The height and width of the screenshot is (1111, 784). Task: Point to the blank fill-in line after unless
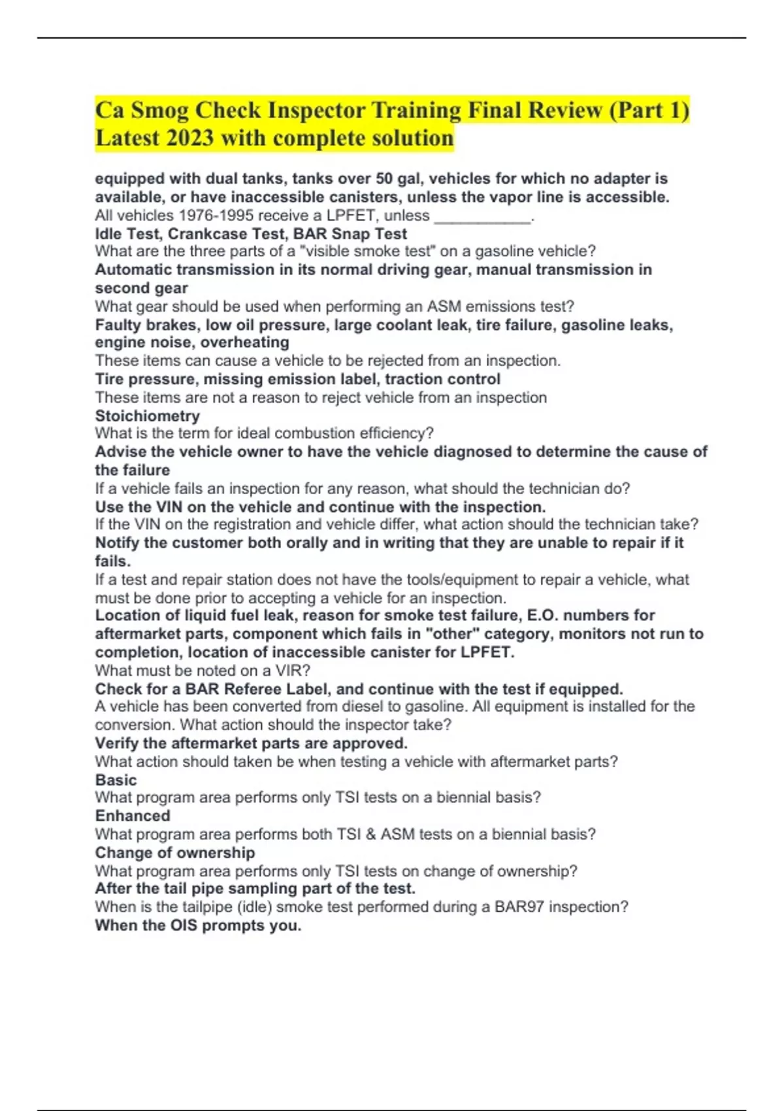click(482, 216)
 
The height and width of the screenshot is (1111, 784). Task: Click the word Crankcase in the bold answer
click(206, 234)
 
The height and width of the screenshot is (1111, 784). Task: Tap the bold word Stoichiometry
click(148, 416)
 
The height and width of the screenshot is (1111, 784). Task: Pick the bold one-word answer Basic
click(116, 780)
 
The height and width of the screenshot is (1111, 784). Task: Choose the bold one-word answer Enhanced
click(133, 816)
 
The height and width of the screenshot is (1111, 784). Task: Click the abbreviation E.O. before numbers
click(542, 615)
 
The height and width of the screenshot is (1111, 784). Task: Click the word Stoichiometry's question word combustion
click(313, 433)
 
